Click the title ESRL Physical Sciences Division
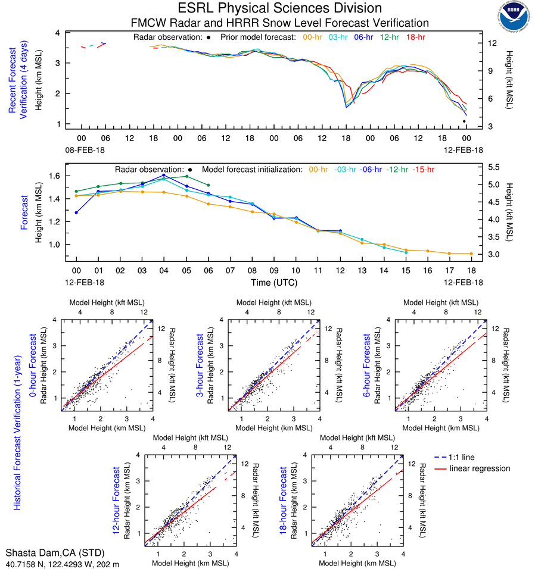[279, 8]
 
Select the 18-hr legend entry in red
[415, 37]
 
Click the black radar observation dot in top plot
[464, 121]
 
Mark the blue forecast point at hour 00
[76, 212]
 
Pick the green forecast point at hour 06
[208, 185]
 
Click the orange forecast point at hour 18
[471, 254]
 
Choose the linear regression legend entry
[480, 468]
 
